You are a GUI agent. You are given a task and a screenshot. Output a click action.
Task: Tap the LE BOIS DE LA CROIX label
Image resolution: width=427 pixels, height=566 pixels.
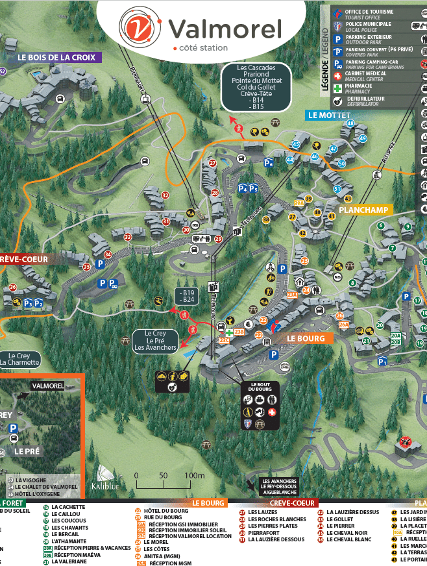[x=60, y=57]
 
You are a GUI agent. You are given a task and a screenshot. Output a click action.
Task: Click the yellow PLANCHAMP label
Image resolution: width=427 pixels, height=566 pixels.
[x=363, y=210]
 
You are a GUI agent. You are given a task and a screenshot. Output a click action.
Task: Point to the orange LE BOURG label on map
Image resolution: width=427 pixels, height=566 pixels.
[x=309, y=338]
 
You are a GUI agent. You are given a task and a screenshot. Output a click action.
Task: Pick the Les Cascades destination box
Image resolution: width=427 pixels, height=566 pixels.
[x=256, y=88]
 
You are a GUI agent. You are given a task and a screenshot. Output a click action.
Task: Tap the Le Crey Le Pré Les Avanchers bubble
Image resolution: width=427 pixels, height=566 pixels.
[x=155, y=340]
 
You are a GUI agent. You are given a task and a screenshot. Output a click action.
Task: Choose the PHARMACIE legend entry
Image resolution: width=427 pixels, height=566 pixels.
[x=359, y=86]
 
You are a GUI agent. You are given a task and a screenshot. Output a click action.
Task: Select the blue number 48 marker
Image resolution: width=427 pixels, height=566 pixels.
[x=351, y=123]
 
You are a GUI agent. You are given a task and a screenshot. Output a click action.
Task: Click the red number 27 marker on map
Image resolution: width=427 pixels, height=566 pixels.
[x=212, y=163]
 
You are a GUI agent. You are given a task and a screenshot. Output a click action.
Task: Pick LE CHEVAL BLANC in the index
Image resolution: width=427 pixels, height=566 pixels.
[x=348, y=539]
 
